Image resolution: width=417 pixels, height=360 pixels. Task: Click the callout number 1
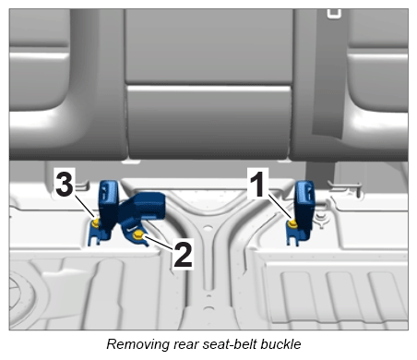pyautogui.click(x=258, y=184)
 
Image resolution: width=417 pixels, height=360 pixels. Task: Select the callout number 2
pyautogui.click(x=184, y=255)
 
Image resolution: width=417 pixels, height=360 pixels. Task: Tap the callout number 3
pyautogui.click(x=65, y=184)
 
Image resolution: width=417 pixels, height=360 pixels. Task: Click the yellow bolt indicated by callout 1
pyautogui.click(x=292, y=222)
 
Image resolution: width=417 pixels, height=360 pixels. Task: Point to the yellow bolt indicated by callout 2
pyautogui.click(x=137, y=236)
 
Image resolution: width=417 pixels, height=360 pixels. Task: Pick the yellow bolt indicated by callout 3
pyautogui.click(x=96, y=222)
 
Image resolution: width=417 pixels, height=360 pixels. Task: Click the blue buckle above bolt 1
pyautogui.click(x=304, y=206)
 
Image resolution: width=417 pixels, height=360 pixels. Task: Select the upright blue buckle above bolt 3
pyautogui.click(x=108, y=205)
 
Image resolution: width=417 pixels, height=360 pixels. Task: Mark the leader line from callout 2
pyautogui.click(x=158, y=243)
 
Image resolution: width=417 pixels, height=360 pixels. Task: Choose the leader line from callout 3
pyautogui.click(x=85, y=207)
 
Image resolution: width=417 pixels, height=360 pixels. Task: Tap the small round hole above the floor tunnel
pyautogui.click(x=208, y=228)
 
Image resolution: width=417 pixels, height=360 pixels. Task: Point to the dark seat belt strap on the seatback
pyautogui.click(x=328, y=74)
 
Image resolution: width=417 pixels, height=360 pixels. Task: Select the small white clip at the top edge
pyautogui.click(x=334, y=14)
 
